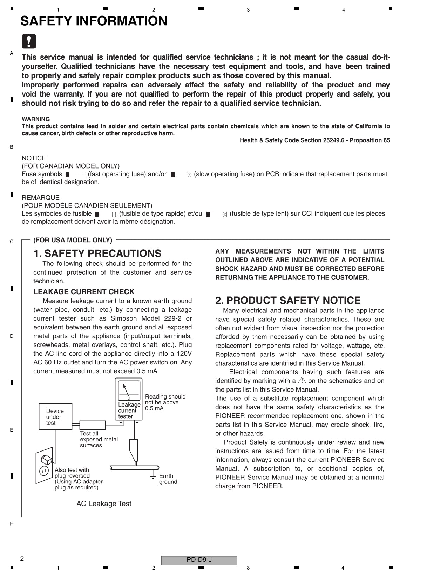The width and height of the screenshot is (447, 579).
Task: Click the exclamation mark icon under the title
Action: pyautogui.click(x=29, y=41)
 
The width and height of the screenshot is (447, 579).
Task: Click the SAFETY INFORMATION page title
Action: pyautogui.click(x=94, y=21)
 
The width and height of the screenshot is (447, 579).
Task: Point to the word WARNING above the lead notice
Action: pyautogui.click(x=36, y=119)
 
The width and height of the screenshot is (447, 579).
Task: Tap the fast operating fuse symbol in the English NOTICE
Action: pyautogui.click(x=75, y=175)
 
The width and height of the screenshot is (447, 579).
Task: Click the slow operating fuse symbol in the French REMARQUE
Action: pyautogui.click(x=216, y=214)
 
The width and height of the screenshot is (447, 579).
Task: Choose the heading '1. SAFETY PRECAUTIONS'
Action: pyautogui.click(x=97, y=253)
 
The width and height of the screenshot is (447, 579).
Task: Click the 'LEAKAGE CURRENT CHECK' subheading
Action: pyautogui.click(x=84, y=292)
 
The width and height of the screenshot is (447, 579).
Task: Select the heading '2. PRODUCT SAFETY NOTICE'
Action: pyautogui.click(x=287, y=300)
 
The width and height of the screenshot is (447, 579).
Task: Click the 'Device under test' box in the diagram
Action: pyautogui.click(x=55, y=416)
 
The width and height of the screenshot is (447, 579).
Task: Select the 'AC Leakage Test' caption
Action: pyautogui.click(x=104, y=504)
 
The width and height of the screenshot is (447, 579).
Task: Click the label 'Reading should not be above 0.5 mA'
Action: pyautogui.click(x=165, y=402)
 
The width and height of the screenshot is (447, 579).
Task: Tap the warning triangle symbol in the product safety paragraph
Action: pyautogui.click(x=302, y=380)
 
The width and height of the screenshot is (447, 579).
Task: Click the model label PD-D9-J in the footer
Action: pyautogui.click(x=199, y=560)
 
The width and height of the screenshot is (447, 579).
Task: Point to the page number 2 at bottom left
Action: pyautogui.click(x=22, y=559)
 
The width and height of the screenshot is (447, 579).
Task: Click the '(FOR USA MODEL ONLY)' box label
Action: pyautogui.click(x=73, y=240)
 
